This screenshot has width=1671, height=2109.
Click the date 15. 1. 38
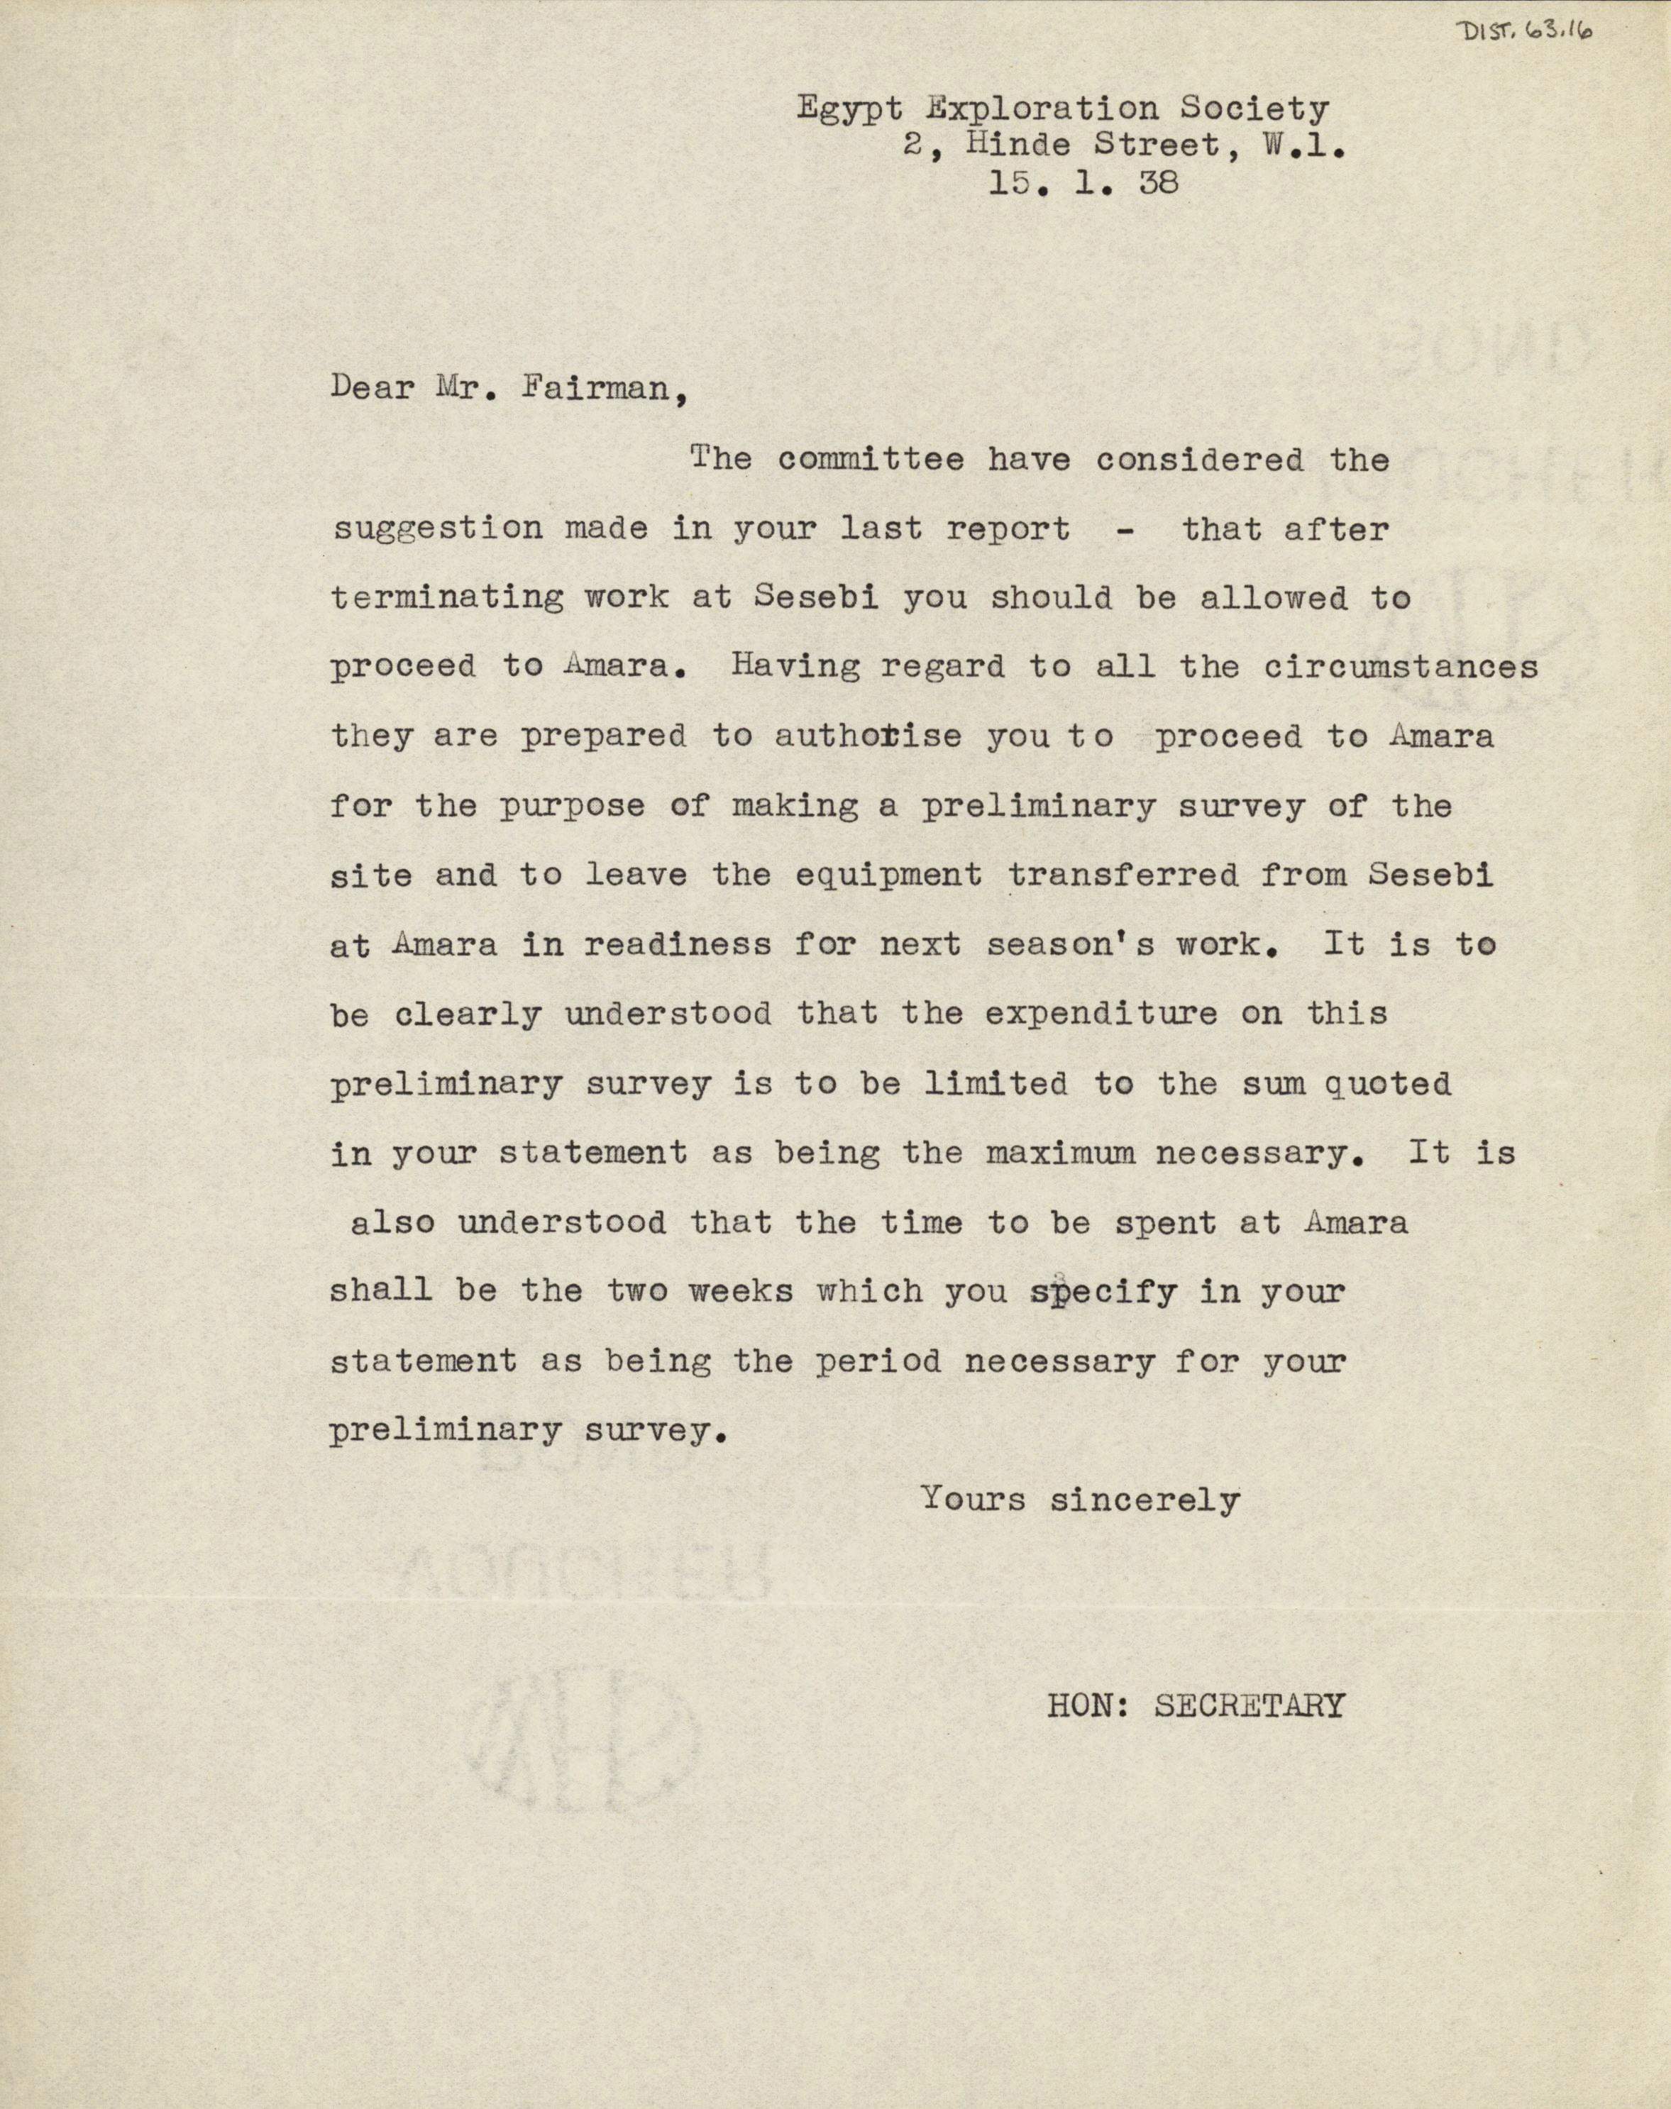pyautogui.click(x=1082, y=183)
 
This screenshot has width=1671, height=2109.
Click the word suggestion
pyautogui.click(x=437, y=528)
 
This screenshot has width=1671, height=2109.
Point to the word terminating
pyautogui.click(x=446, y=598)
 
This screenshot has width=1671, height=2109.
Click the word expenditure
pyautogui.click(x=1101, y=1014)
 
